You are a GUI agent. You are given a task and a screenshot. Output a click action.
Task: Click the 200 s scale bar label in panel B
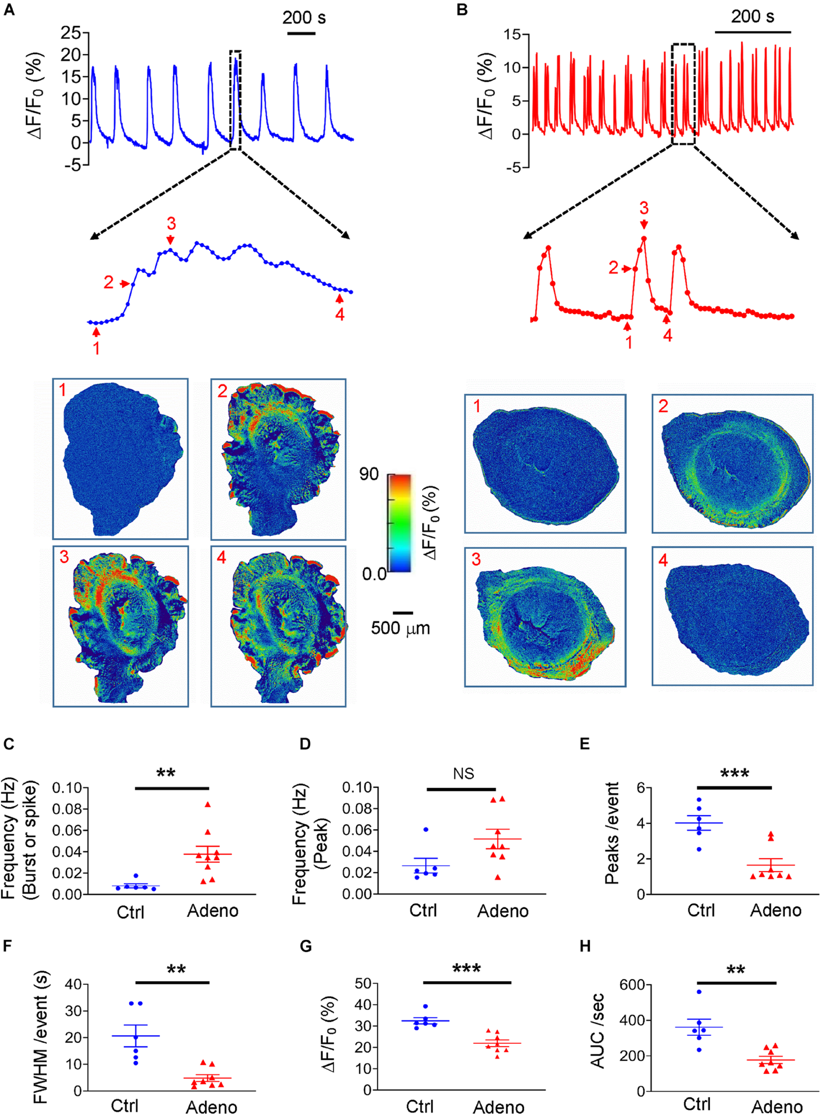point(752,17)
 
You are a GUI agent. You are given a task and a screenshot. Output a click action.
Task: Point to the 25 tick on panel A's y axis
point(71,33)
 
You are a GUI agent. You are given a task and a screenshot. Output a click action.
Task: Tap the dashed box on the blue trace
point(235,100)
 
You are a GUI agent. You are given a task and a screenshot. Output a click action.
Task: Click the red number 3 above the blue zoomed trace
point(171,224)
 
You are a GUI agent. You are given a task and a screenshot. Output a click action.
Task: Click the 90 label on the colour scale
point(369,474)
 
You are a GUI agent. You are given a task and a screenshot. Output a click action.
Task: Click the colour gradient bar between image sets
point(399,522)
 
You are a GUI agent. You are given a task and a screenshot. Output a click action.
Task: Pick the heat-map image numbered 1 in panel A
point(120,458)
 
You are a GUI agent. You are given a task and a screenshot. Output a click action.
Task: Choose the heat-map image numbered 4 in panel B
point(733,616)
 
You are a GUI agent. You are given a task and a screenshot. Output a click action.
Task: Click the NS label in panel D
point(463,773)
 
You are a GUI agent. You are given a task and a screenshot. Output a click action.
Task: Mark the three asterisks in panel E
point(734,774)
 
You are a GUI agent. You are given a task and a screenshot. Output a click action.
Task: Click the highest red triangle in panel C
point(208,805)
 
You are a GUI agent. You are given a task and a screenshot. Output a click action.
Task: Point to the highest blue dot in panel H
point(699,992)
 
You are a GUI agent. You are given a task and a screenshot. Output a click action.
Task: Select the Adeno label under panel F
point(211,1107)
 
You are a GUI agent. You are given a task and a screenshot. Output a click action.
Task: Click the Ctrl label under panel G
point(419,1107)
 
